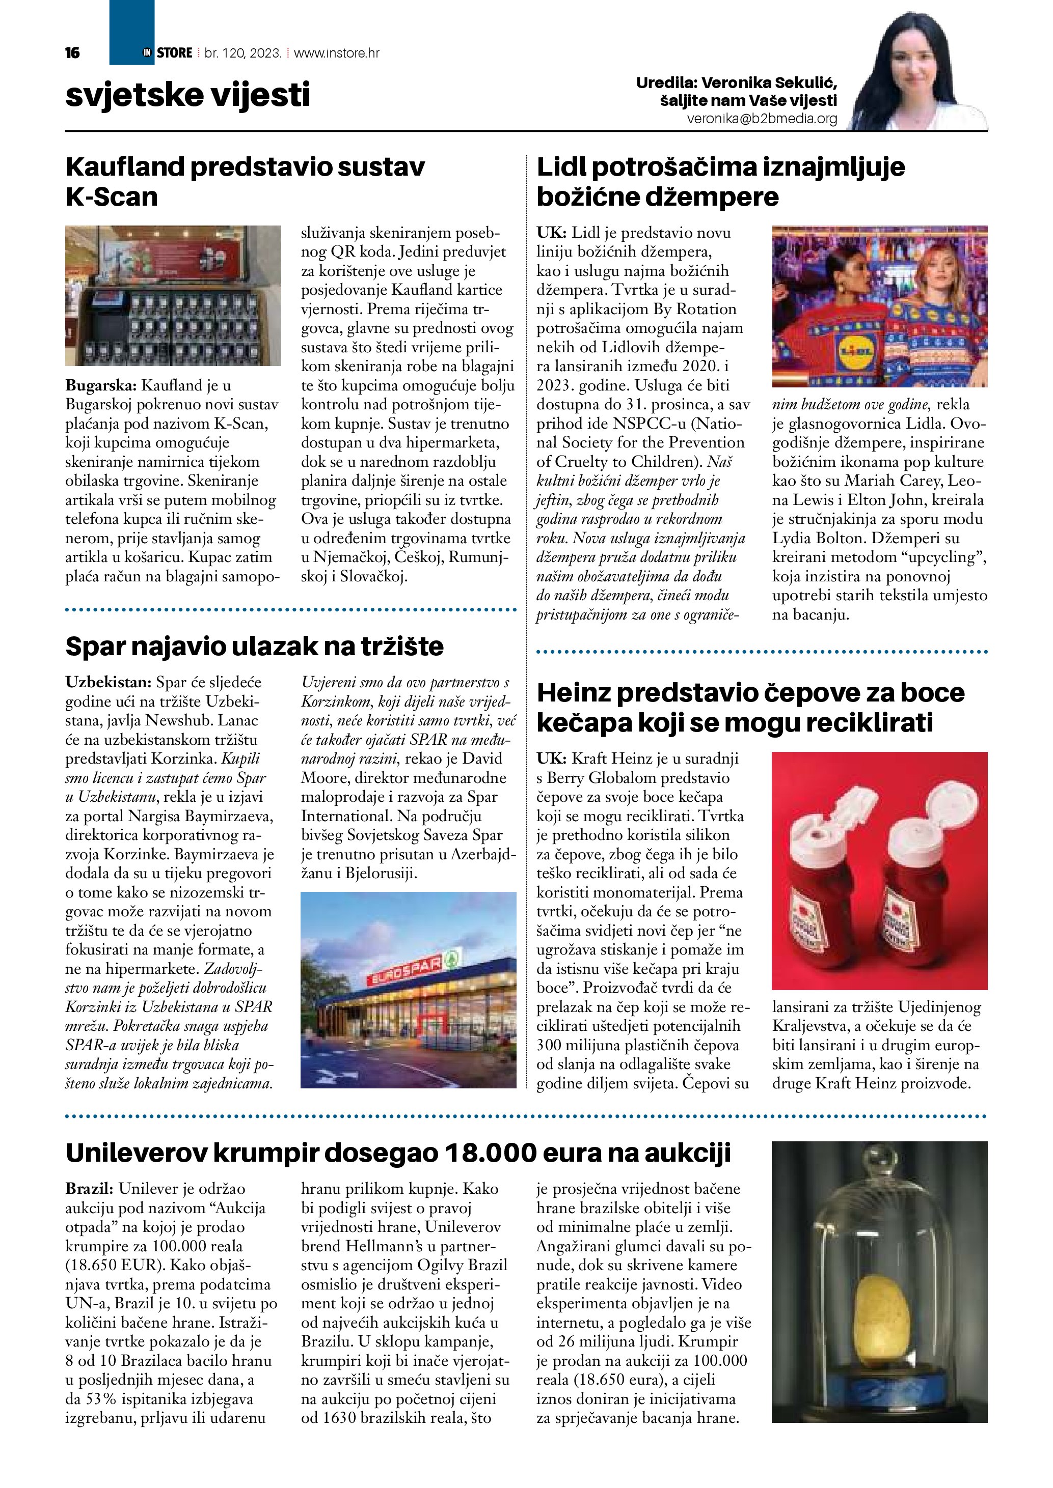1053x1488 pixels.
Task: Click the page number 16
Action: [73, 53]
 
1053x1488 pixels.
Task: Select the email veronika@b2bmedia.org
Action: [762, 119]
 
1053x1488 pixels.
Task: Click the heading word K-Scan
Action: [112, 197]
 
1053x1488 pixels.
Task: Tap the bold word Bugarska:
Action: [100, 385]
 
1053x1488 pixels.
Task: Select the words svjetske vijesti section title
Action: [188, 95]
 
